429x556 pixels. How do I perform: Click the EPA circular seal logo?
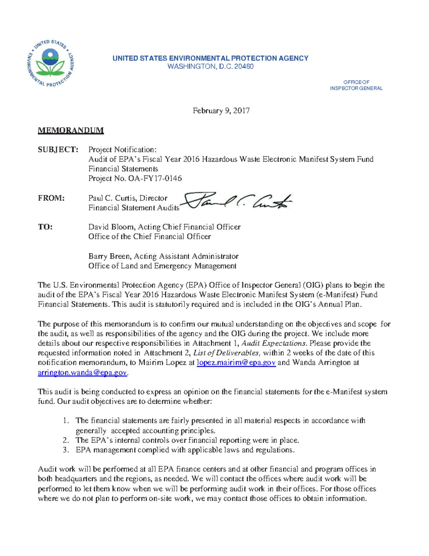(x=50, y=63)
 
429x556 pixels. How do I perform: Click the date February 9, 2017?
(x=221, y=111)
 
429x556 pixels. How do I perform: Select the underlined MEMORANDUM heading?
(x=71, y=130)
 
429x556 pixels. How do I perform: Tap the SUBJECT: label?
(x=58, y=150)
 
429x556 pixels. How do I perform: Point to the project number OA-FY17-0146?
(x=155, y=178)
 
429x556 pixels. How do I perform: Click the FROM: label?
(x=51, y=198)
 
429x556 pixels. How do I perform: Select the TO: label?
(x=45, y=227)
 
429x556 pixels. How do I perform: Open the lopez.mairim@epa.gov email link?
(x=236, y=363)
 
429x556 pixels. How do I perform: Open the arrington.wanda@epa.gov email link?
(x=82, y=373)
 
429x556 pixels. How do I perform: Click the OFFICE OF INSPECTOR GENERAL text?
(x=356, y=85)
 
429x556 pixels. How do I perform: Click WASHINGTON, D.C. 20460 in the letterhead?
(x=211, y=67)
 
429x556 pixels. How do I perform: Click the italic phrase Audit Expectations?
(x=274, y=343)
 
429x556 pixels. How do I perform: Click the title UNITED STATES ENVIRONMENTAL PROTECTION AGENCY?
(x=210, y=58)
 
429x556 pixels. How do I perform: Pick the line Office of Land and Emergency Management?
(x=162, y=266)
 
